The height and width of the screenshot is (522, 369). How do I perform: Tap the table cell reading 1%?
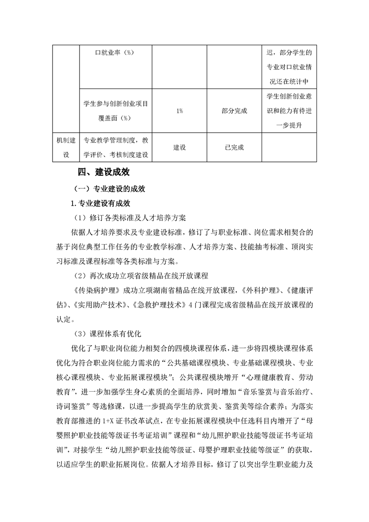[180, 111]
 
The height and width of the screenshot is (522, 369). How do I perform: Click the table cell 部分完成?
[234, 111]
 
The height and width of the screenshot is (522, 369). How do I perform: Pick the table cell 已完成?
[234, 147]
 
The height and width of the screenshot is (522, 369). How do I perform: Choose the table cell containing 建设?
[180, 147]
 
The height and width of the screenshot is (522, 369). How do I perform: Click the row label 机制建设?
[65, 147]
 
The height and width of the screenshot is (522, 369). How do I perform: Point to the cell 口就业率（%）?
[114, 53]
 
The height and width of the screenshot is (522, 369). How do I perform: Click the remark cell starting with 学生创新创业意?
[289, 111]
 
